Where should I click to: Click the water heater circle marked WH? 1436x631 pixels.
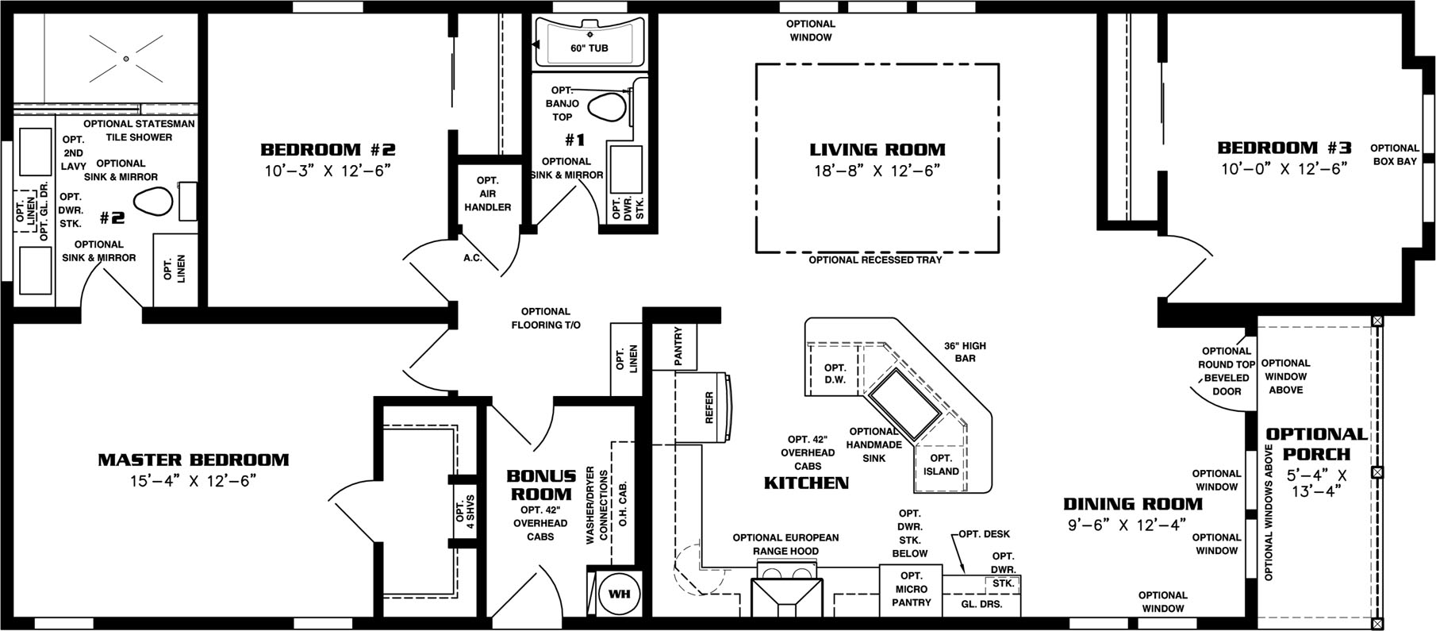[619, 594]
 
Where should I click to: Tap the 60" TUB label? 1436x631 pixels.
[589, 48]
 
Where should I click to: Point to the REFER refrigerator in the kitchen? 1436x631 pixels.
[708, 407]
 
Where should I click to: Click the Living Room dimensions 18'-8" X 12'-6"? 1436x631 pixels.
[877, 171]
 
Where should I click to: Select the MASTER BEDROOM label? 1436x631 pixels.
[193, 460]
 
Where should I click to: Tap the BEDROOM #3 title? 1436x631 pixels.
[1284, 148]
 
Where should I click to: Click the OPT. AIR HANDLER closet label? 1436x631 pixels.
[487, 194]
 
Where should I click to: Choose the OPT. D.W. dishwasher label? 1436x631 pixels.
[835, 374]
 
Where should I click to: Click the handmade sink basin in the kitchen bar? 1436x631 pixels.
[904, 403]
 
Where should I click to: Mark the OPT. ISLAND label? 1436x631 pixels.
[941, 464]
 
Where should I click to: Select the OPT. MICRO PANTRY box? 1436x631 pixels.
[911, 589]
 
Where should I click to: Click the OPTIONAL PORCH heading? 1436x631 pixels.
[1316, 444]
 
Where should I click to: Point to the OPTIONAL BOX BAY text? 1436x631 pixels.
[1394, 154]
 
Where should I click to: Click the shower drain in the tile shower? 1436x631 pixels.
[125, 58]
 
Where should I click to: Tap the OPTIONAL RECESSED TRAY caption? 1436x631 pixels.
[875, 260]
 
